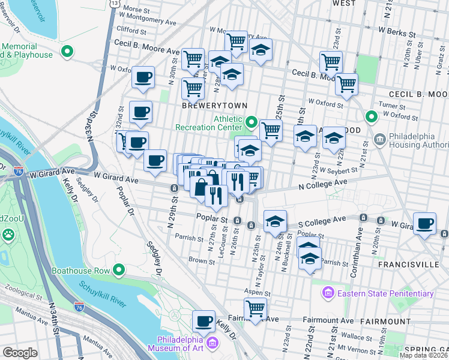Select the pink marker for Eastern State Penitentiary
click(328, 293)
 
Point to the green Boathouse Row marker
click(119, 271)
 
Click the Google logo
click(20, 353)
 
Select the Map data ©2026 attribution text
click(424, 355)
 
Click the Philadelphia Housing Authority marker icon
click(379, 140)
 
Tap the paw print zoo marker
click(8, 237)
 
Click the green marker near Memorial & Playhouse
click(68, 52)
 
